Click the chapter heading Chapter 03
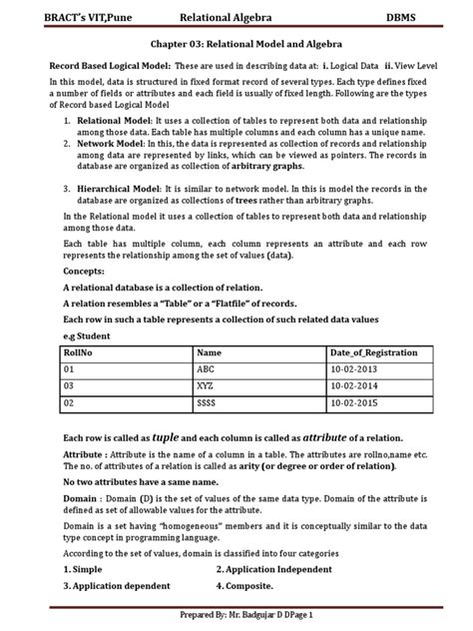(x=236, y=45)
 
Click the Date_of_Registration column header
(x=373, y=352)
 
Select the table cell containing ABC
(x=208, y=368)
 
